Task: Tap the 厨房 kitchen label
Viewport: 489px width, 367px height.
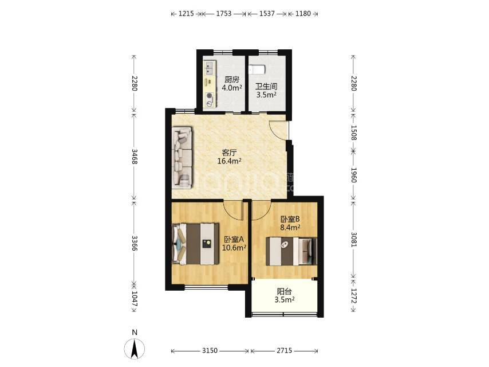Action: click(232, 80)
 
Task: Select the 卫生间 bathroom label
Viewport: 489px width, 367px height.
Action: click(266, 87)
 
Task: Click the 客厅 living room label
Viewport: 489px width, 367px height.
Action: click(230, 153)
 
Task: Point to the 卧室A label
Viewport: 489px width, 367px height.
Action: click(234, 240)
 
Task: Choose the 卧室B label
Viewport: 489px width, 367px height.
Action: click(290, 219)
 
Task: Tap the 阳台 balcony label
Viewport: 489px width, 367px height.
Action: click(285, 292)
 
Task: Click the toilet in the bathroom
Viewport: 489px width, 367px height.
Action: click(257, 69)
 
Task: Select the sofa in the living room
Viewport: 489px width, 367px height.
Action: click(183, 158)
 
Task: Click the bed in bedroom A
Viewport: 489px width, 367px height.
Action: click(195, 244)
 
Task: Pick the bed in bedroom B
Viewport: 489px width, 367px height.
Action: click(291, 251)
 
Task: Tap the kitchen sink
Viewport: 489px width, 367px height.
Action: click(210, 68)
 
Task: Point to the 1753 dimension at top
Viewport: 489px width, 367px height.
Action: click(224, 14)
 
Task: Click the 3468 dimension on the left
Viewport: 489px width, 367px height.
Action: click(135, 156)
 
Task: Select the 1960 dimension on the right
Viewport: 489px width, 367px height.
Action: click(354, 175)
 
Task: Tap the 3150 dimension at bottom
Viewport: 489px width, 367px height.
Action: click(210, 351)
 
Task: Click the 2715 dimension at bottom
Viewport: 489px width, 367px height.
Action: click(285, 351)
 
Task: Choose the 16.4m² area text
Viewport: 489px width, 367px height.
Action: click(230, 161)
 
